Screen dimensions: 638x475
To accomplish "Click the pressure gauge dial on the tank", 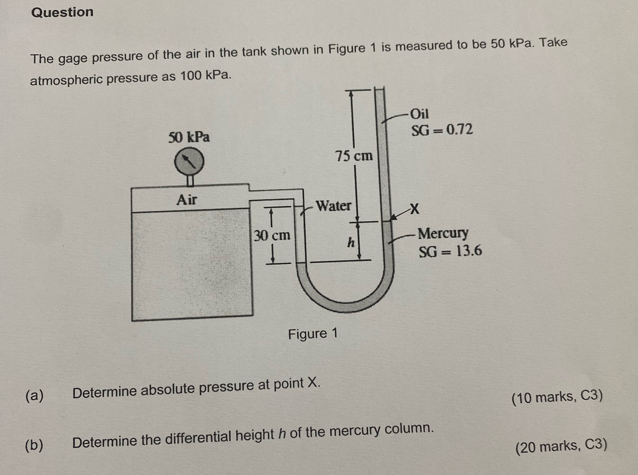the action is click(189, 161).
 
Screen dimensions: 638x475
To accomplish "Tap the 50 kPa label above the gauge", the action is click(189, 137).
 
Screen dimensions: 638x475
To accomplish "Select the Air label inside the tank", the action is click(187, 200).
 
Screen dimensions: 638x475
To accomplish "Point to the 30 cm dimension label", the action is click(272, 235).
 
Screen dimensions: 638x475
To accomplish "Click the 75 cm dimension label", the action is click(354, 155).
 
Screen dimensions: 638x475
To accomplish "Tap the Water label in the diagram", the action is click(333, 205).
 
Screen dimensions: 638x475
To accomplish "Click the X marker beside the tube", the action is click(414, 209).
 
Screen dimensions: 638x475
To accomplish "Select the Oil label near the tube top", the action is click(420, 113).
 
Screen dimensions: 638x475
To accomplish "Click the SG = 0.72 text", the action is click(442, 130).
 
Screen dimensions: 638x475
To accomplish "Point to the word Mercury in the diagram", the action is click(443, 233).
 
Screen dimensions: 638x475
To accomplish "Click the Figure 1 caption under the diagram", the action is click(313, 334).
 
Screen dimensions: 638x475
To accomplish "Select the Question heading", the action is click(62, 12).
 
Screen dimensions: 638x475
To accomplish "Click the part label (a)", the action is click(34, 395).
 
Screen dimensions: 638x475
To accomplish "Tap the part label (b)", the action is click(34, 445).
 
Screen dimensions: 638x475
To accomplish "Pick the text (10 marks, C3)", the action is click(557, 397).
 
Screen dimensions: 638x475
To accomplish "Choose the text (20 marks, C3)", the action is click(562, 446).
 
